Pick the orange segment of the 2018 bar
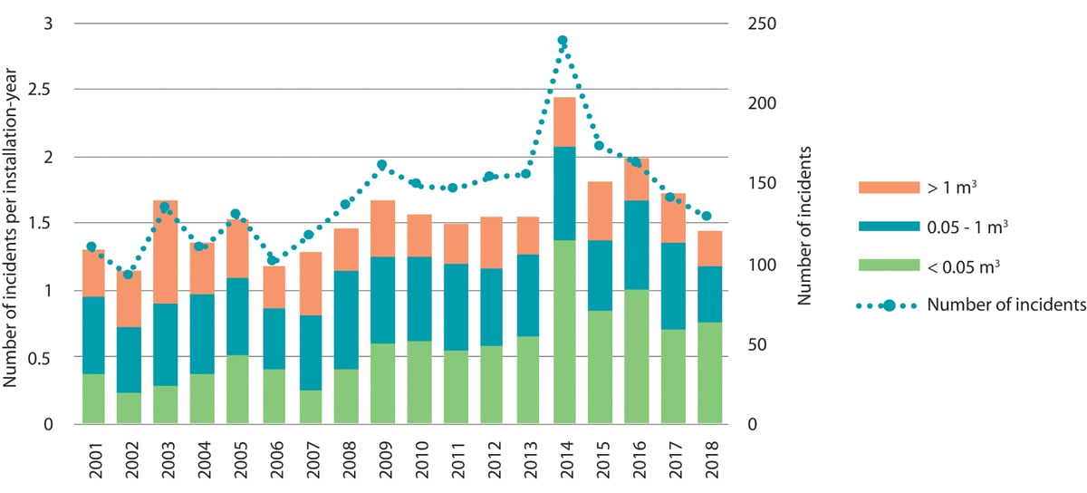coord(709,248)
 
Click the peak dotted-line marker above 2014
coord(563,41)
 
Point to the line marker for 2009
coord(381,165)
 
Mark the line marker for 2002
coord(128,274)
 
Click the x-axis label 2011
coord(455,460)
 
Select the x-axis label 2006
coord(273,460)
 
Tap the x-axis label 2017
coord(673,460)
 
